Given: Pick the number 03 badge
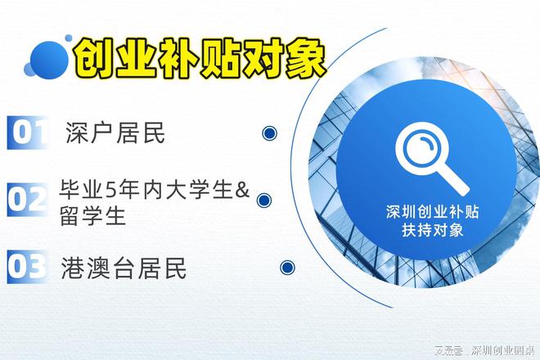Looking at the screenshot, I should [x=27, y=267].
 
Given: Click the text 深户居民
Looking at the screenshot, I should [x=115, y=133].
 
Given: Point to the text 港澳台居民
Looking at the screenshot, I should [x=124, y=267].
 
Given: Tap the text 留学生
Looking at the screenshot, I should [x=92, y=217].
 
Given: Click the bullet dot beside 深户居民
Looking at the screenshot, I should [x=269, y=133].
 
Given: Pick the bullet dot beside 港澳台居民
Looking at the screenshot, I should [x=287, y=267].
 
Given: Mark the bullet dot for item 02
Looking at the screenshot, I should [x=263, y=200].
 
